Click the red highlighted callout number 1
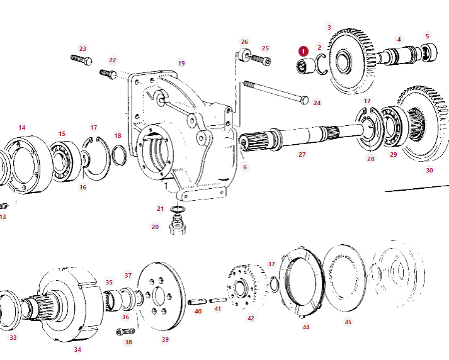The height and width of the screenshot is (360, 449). tap(304, 50)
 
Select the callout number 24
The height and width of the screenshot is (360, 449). tap(317, 103)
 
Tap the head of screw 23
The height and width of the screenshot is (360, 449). tap(88, 61)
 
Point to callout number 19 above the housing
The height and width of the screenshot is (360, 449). tap(181, 63)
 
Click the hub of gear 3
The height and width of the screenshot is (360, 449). tap(344, 62)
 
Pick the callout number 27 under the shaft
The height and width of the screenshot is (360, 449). tap(302, 154)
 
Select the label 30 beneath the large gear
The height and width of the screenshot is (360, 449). tap(429, 170)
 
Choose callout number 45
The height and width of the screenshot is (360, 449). tap(348, 322)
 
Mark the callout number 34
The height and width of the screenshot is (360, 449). tap(77, 349)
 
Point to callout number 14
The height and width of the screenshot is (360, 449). tap(22, 128)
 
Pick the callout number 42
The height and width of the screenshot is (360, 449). tap(251, 318)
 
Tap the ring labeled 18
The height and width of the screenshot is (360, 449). tap(118, 154)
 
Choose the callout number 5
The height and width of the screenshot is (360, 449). tap(427, 37)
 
